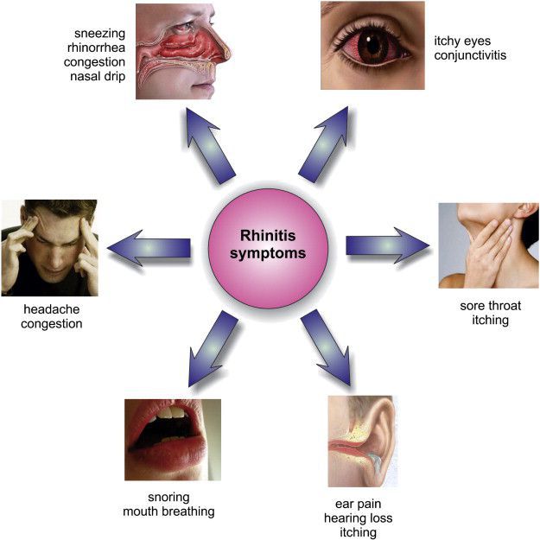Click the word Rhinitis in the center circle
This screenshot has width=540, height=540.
coord(268,236)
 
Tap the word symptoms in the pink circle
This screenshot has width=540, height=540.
coord(268,254)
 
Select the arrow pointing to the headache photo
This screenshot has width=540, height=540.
coord(149,248)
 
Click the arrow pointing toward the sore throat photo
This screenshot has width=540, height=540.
coord(388,245)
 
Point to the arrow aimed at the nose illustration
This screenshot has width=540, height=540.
coord(211,146)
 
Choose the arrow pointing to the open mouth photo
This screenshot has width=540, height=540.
coord(213,348)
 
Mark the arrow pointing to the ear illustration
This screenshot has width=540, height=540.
coord(326,347)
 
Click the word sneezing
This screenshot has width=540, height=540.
coord(100,34)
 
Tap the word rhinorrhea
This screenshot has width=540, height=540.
coord(96,48)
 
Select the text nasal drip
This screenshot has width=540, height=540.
coord(98,76)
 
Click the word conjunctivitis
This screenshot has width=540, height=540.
coord(470,55)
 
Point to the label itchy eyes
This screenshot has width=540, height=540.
coord(462,41)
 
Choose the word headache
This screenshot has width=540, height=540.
coord(52,309)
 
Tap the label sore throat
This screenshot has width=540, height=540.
coord(491,306)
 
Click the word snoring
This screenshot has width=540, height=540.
coord(168,498)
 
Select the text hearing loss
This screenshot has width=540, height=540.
coord(359,518)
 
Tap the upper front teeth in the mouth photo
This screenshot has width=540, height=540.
coord(171,412)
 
